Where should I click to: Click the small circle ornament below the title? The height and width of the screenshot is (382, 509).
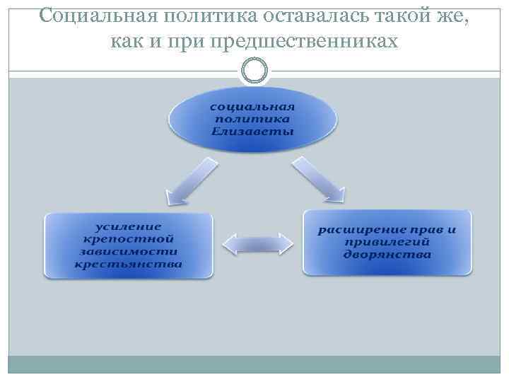click(255, 71)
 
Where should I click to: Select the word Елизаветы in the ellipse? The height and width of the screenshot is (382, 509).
click(253, 132)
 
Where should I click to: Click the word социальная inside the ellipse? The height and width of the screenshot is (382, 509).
click(253, 105)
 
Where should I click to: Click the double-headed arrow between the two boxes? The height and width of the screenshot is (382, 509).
click(257, 243)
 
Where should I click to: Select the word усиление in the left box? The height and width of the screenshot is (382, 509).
click(128, 226)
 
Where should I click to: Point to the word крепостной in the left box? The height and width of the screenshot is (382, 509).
click(128, 239)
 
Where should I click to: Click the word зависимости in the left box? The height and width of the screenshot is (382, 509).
click(128, 252)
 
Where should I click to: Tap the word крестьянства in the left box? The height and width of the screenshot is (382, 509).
click(128, 265)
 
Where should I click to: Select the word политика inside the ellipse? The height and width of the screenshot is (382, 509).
click(253, 119)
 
